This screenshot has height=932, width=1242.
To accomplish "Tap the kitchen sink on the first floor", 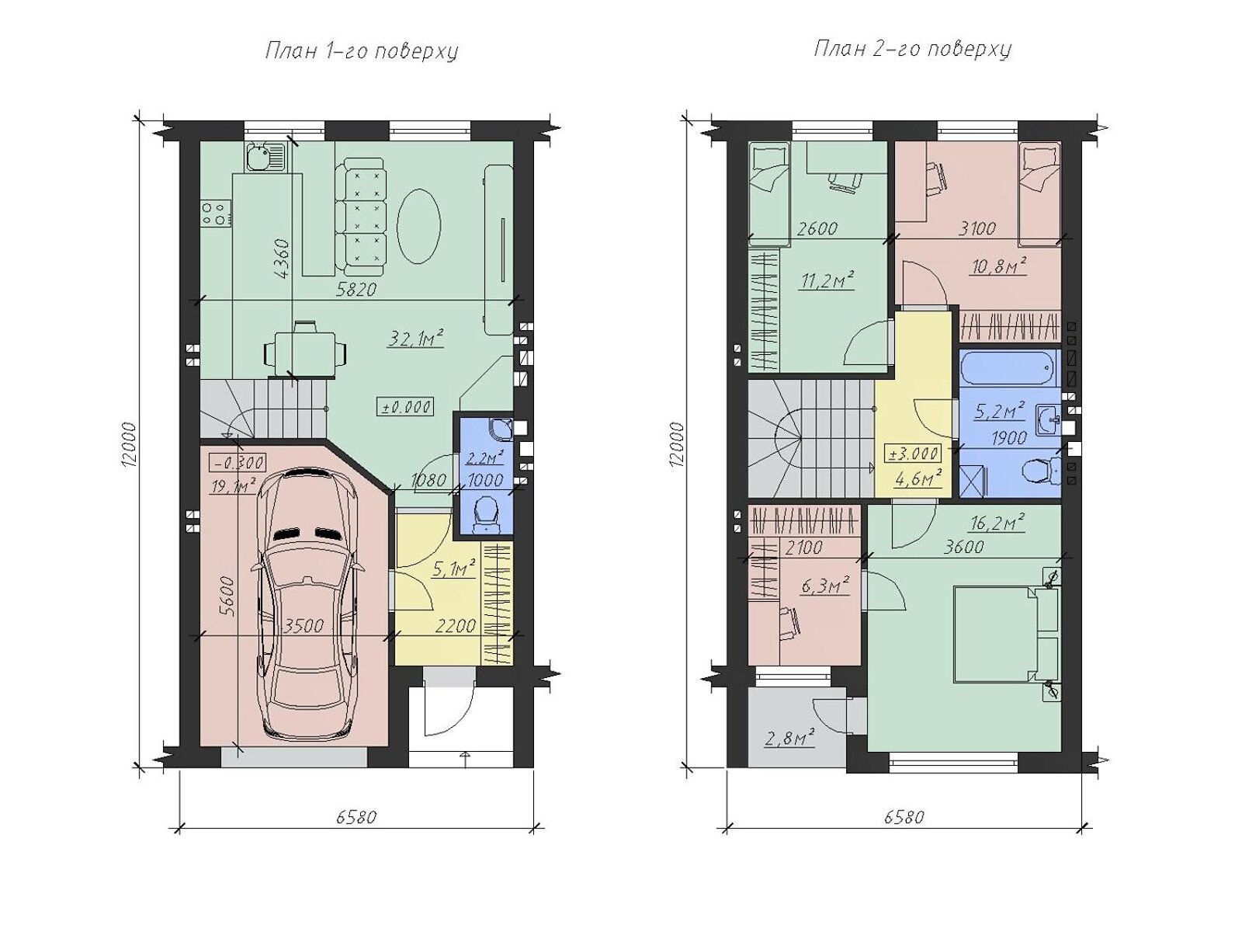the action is [x=266, y=157].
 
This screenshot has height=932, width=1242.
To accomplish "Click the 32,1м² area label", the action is [x=415, y=338].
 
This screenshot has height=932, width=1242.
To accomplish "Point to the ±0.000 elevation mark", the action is [x=406, y=406].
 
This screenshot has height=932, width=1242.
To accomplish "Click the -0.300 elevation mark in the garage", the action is [x=237, y=462].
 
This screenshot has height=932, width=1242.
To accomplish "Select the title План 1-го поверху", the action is [x=362, y=51].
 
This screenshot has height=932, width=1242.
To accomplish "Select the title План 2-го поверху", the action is [x=912, y=49].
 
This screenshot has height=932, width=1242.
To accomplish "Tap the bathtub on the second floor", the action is [x=1009, y=368].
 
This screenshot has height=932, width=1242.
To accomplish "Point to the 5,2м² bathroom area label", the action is [x=999, y=412].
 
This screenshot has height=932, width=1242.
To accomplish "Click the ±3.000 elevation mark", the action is [x=913, y=454].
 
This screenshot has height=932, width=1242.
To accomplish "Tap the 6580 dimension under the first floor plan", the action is [x=356, y=817].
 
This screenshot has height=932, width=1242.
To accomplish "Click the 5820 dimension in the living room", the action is [x=356, y=289].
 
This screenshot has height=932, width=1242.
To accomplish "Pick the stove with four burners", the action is [x=216, y=214].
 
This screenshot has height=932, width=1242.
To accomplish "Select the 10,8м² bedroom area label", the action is [x=999, y=266].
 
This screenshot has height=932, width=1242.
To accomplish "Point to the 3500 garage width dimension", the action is [x=304, y=626].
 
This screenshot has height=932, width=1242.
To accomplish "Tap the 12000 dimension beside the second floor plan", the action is [x=678, y=444].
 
